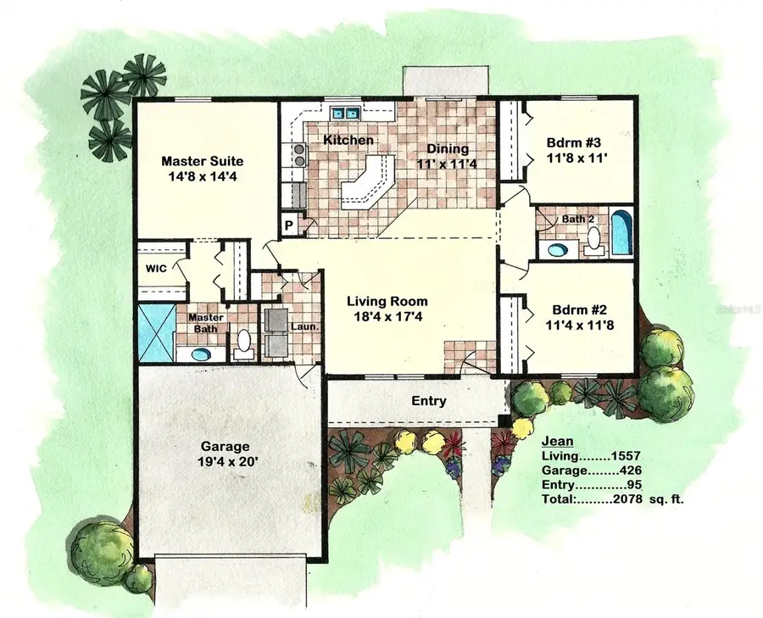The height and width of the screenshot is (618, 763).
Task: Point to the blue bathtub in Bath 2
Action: click(621, 231)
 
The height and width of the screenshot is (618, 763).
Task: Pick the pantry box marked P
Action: click(288, 225)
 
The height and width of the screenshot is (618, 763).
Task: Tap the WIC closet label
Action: click(155, 268)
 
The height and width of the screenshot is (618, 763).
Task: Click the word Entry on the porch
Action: click(429, 401)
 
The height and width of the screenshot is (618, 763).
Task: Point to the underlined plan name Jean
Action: click(558, 441)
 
